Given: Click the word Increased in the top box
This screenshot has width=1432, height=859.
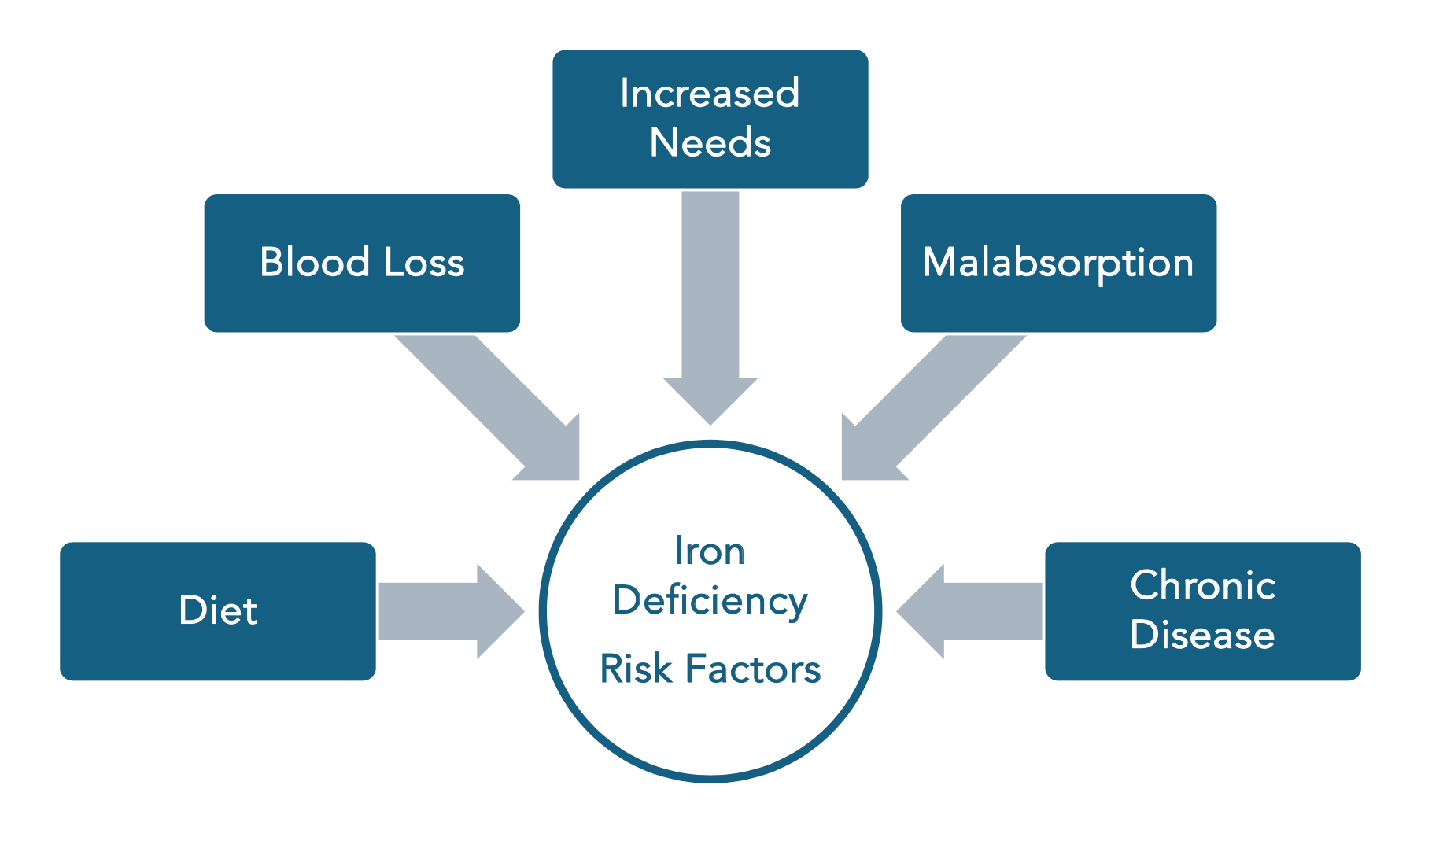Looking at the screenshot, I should click(x=710, y=94).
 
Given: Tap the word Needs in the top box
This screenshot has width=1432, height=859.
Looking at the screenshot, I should click(x=710, y=143).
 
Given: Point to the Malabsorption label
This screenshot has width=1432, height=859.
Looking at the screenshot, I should click(x=1057, y=263).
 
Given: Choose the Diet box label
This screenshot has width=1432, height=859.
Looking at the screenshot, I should click(x=218, y=610).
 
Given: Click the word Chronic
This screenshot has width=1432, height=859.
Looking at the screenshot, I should click(x=1202, y=585).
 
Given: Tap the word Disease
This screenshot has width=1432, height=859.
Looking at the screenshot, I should click(x=1202, y=635).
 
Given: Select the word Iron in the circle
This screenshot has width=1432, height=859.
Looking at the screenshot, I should click(x=709, y=551).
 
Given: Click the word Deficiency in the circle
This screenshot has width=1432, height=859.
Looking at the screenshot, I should click(x=710, y=601).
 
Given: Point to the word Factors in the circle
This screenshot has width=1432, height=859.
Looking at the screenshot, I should click(x=753, y=669).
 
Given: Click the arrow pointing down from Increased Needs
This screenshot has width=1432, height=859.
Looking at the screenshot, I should click(x=710, y=299).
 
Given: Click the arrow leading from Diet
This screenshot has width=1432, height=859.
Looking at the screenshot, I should click(x=441, y=611).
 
